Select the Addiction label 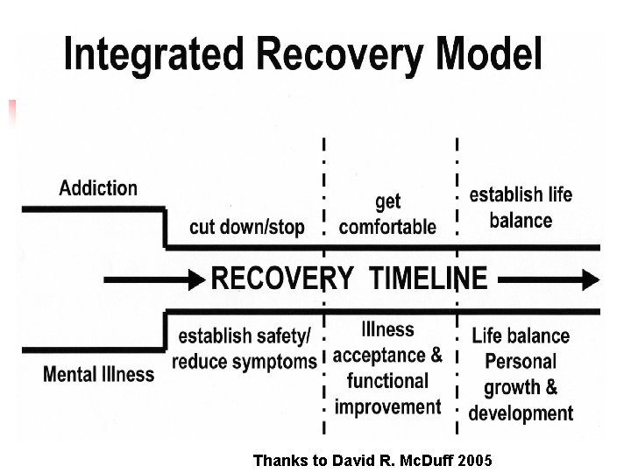(x=98, y=187)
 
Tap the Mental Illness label (x=98, y=374)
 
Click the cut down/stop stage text (x=247, y=228)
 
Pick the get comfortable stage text (x=387, y=215)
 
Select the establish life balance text (x=521, y=208)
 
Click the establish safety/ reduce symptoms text (x=245, y=349)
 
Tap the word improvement (x=387, y=407)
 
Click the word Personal (x=521, y=361)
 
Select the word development (x=521, y=413)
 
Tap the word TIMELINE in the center (x=429, y=279)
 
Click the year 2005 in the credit (x=474, y=460)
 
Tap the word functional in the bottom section (x=387, y=381)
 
